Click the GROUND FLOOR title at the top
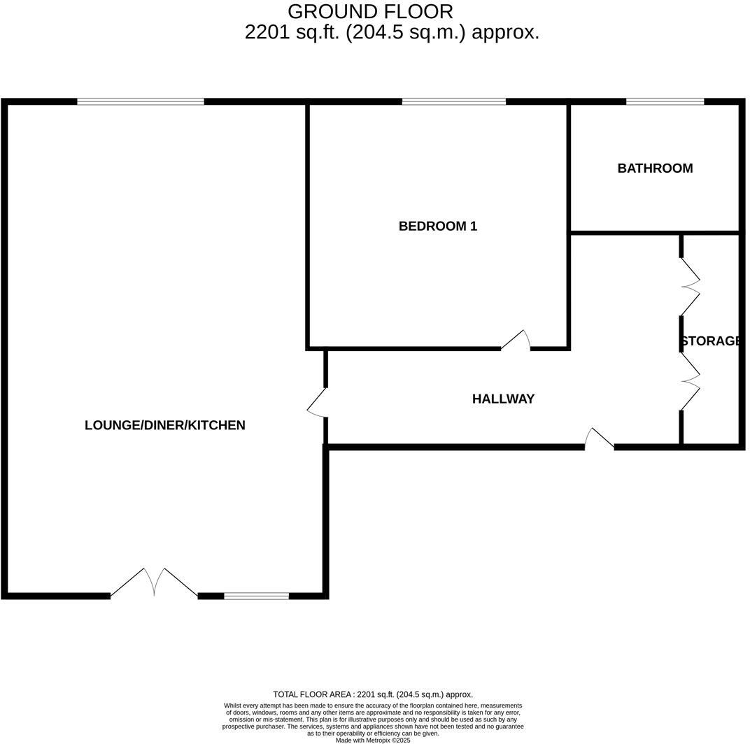pyautogui.click(x=370, y=12)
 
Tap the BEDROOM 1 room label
pyautogui.click(x=437, y=226)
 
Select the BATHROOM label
pyautogui.click(x=655, y=168)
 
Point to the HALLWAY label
pyautogui.click(x=503, y=399)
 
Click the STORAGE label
pyautogui.click(x=710, y=341)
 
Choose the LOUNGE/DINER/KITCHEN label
pyautogui.click(x=164, y=425)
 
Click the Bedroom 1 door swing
pyautogui.click(x=516, y=341)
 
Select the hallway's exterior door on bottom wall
pyautogui.click(x=599, y=438)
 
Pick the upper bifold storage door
pyautogui.click(x=689, y=286)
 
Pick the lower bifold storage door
pyautogui.click(x=689, y=380)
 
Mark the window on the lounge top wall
pyautogui.click(x=141, y=102)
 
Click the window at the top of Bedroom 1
pyautogui.click(x=453, y=102)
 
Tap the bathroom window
pyautogui.click(x=665, y=102)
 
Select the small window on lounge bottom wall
pyautogui.click(x=256, y=596)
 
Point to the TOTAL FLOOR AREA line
pyautogui.click(x=373, y=694)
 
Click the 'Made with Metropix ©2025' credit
pyautogui.click(x=373, y=740)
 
